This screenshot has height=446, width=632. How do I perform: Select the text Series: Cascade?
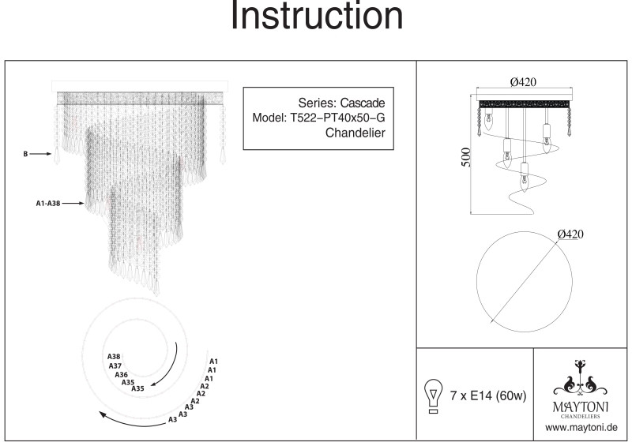[341, 103]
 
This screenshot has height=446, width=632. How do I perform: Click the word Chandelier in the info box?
[355, 133]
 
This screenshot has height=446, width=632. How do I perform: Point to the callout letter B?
[27, 155]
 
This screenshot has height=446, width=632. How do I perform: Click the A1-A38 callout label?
[47, 204]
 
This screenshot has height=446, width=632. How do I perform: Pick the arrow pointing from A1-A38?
[73, 204]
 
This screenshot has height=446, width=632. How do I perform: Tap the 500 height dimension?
[465, 156]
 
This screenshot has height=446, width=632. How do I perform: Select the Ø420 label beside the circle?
[571, 234]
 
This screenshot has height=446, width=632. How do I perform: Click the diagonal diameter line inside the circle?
[525, 279]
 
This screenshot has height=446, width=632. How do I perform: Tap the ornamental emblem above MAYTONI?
[582, 380]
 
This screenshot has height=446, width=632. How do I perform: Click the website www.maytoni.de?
[581, 427]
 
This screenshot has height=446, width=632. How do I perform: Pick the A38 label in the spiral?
[114, 357]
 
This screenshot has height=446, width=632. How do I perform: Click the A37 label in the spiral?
[115, 365]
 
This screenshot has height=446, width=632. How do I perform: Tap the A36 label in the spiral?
[121, 374]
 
